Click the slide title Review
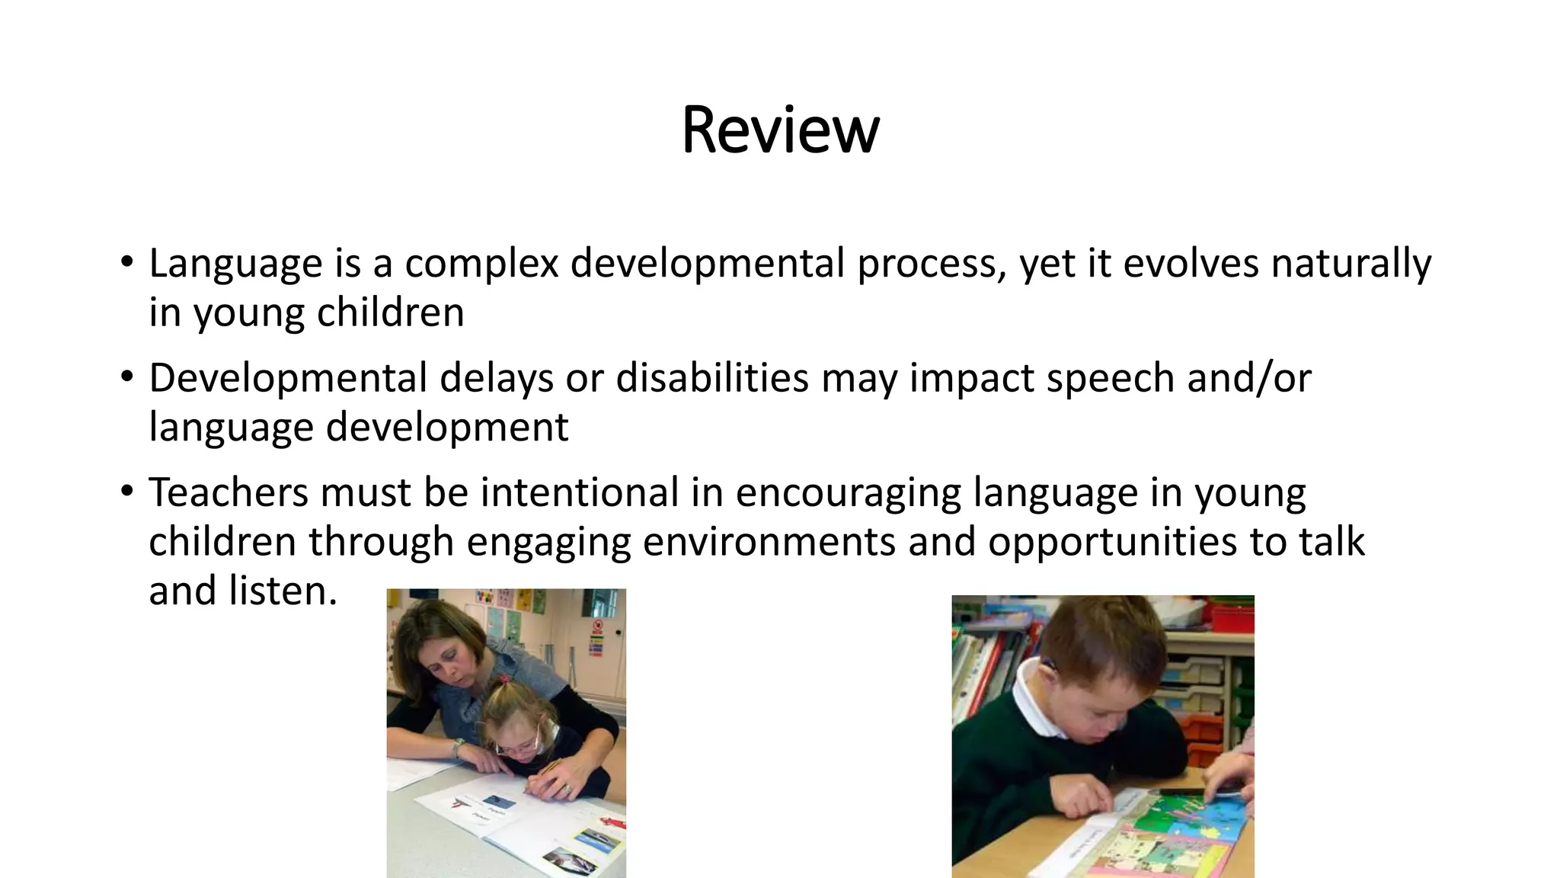(x=780, y=130)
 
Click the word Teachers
(x=229, y=492)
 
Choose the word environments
(x=770, y=542)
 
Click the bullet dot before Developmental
(x=126, y=377)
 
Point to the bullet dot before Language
(x=126, y=262)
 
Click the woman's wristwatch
(x=458, y=747)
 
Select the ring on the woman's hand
(x=567, y=790)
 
